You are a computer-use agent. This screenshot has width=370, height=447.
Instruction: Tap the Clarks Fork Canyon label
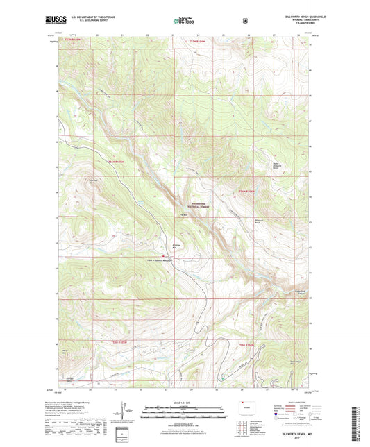point(301,292)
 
